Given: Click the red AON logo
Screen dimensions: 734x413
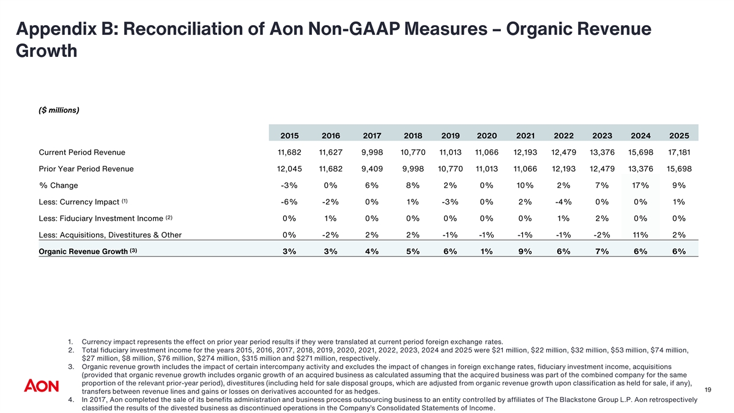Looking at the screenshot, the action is (42, 385).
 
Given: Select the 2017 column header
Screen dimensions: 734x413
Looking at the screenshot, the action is (372, 136).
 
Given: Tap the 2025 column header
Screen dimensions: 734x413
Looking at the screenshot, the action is (679, 136).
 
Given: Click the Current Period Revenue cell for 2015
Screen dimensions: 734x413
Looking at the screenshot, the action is (289, 152).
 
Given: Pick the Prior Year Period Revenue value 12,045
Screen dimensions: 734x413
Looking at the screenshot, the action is (289, 169).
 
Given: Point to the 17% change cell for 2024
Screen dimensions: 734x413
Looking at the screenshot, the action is (640, 185).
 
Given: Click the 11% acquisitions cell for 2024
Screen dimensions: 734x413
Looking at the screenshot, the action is (640, 235).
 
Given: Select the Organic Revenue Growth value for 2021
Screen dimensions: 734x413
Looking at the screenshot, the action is (525, 251).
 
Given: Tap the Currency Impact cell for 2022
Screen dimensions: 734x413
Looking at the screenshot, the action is (563, 202).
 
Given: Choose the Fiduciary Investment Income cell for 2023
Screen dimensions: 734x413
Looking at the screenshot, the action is (602, 218).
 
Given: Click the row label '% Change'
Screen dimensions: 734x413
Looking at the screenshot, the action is (58, 185).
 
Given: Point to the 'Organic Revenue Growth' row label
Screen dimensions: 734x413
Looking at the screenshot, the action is (83, 251).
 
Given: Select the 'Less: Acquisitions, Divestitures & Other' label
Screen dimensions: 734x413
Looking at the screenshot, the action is (110, 235).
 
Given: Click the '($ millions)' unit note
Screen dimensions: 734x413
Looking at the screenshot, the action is (59, 110).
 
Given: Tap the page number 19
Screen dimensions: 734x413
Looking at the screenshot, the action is (708, 390).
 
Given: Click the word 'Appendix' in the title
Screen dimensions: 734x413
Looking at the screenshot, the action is (56, 29).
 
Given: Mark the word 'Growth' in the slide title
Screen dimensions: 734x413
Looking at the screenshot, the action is (46, 51).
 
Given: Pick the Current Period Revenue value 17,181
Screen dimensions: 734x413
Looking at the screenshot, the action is (679, 152).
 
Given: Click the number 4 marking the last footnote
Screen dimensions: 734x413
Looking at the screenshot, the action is (71, 400).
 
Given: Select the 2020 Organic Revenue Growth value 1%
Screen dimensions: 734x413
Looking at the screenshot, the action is (487, 251).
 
